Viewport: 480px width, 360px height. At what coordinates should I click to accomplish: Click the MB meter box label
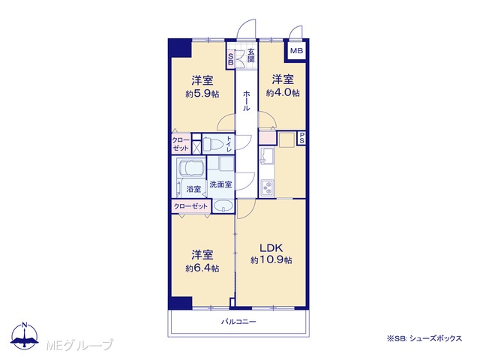pyautogui.click(x=297, y=50)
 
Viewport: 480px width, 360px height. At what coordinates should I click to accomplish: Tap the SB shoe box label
pyautogui.click(x=231, y=59)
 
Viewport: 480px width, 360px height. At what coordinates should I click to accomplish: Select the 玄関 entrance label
pyautogui.click(x=251, y=55)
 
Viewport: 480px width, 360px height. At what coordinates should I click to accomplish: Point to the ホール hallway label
pyautogui.click(x=246, y=100)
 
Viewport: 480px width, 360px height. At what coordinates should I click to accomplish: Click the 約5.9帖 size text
pyautogui.click(x=202, y=94)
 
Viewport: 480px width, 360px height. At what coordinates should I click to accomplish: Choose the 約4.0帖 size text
pyautogui.click(x=283, y=92)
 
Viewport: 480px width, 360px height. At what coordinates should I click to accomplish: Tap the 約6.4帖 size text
pyautogui.click(x=202, y=268)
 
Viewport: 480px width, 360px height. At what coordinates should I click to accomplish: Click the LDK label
pyautogui.click(x=271, y=247)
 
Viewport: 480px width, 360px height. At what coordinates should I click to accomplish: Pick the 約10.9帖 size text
pyautogui.click(x=271, y=260)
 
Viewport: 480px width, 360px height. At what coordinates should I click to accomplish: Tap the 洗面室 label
pyautogui.click(x=220, y=184)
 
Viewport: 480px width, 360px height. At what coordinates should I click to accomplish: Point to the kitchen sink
pyautogui.click(x=267, y=156)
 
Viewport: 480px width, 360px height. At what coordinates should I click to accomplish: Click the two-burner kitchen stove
pyautogui.click(x=267, y=187)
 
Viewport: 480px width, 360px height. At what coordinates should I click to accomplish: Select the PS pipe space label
pyautogui.click(x=301, y=138)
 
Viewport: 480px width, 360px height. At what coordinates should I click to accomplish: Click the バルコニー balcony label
pyautogui.click(x=238, y=322)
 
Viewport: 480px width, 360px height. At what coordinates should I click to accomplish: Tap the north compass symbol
pyautogui.click(x=25, y=336)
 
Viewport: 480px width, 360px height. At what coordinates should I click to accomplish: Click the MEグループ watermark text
pyautogui.click(x=80, y=345)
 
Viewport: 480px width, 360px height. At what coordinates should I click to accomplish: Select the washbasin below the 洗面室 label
pyautogui.click(x=223, y=205)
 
